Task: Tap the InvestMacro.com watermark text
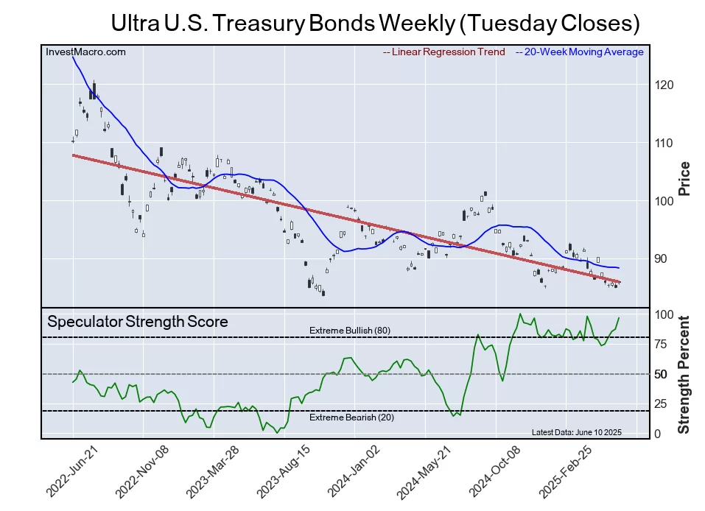85,52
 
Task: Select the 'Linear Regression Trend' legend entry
444,52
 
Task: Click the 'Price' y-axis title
684,178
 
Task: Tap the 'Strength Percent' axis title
684,374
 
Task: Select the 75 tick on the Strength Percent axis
663,343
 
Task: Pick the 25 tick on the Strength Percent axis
663,403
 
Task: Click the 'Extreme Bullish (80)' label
349,331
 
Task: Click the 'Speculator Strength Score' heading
138,322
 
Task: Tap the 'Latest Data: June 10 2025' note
577,432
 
